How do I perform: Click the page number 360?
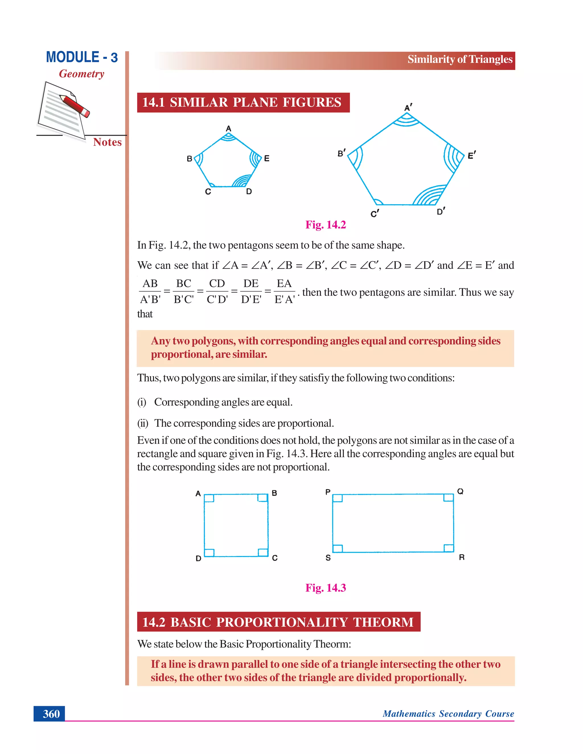[x=51, y=713]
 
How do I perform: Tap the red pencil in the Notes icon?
[x=74, y=105]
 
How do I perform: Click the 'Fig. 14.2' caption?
[x=325, y=225]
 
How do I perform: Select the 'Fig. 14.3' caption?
[x=325, y=588]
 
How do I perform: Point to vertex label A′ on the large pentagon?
[x=408, y=108]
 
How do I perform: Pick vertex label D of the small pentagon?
[x=249, y=191]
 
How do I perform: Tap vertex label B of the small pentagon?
[x=189, y=159]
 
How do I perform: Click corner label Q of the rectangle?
[x=460, y=491]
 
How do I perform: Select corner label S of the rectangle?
[x=328, y=558]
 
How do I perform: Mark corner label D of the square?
[x=198, y=558]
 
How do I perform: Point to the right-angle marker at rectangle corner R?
[x=448, y=547]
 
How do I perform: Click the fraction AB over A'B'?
[x=150, y=291]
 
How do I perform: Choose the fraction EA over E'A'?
[x=284, y=291]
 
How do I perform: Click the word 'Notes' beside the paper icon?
[x=107, y=142]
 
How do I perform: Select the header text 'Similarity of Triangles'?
[x=460, y=59]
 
